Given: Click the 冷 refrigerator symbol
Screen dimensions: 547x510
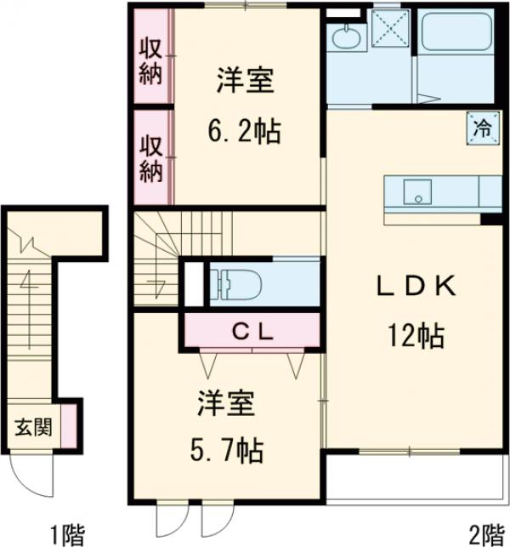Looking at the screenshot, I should tap(482, 129).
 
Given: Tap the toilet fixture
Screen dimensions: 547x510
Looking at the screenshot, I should tap(238, 282).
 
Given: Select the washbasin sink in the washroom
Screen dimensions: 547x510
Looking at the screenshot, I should tap(347, 37).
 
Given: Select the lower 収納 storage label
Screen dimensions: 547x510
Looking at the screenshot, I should tap(150, 158).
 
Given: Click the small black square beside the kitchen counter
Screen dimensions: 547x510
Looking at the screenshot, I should tap(490, 219).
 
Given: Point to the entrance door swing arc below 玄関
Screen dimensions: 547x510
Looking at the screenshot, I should tap(35, 477).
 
